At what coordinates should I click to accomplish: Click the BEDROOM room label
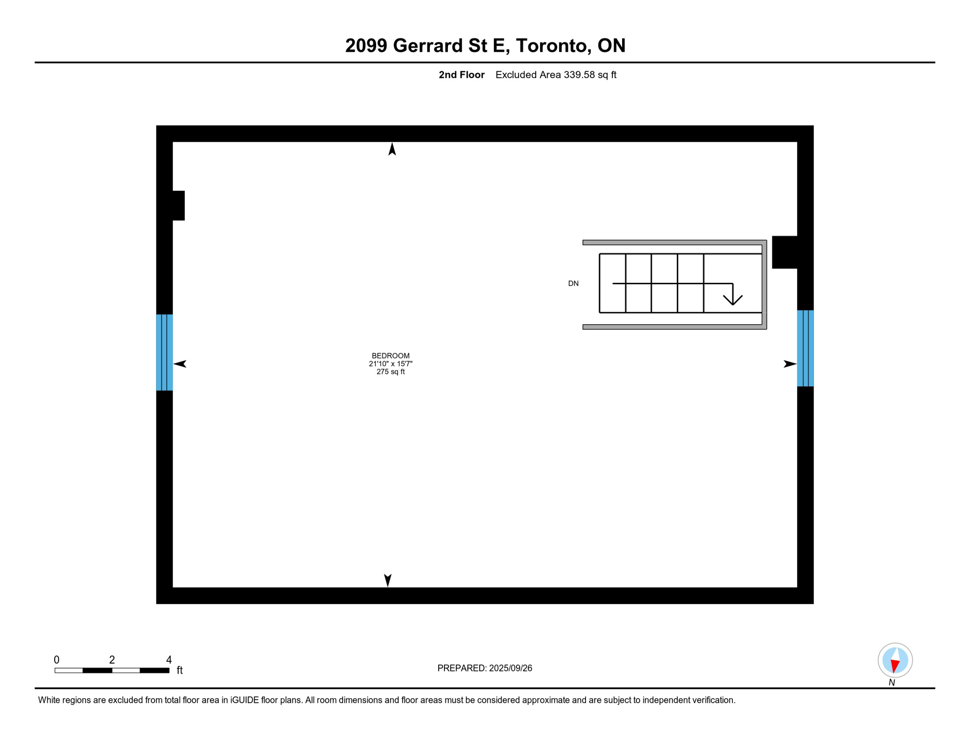coord(390,355)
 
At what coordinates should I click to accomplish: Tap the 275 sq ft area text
coord(390,372)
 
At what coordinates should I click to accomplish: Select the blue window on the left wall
coord(164,352)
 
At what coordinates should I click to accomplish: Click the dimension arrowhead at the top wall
coord(392,149)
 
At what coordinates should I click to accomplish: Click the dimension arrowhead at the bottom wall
coord(387,580)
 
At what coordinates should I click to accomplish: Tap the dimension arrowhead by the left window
coord(180,364)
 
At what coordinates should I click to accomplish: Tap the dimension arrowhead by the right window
coord(789,364)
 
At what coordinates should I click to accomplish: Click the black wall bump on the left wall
coord(178,205)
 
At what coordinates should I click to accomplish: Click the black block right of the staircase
coord(785,252)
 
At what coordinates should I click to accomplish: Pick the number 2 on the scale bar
coord(112,660)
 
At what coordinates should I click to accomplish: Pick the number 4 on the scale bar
coord(169,660)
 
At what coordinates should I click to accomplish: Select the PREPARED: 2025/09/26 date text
coord(485,668)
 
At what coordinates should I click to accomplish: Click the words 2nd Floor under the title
coord(461,75)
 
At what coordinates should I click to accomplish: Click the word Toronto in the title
coord(551,45)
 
